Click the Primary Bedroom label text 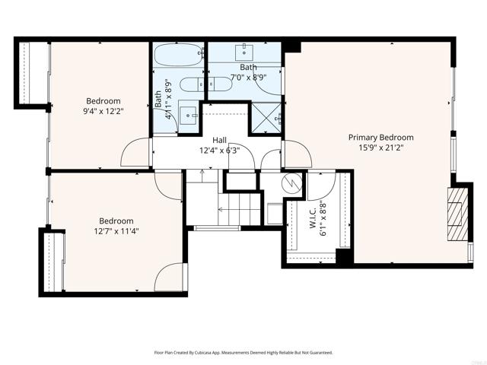click(x=380, y=138)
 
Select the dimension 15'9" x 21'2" click(x=380, y=148)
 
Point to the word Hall click(x=219, y=140)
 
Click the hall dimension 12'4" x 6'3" click(x=219, y=151)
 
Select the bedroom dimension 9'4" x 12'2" click(x=103, y=112)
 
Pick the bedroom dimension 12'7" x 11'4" click(x=116, y=231)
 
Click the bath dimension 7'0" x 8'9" click(x=248, y=78)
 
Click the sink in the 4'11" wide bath click(x=188, y=116)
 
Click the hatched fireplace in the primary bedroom click(x=456, y=214)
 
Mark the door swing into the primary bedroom click(x=298, y=156)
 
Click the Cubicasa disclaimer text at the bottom click(x=243, y=353)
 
